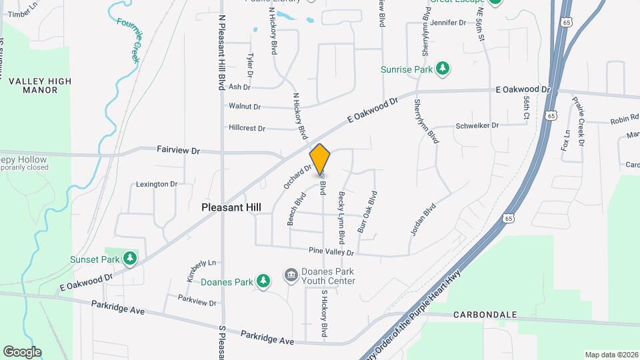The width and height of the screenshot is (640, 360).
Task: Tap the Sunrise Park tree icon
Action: click(x=442, y=69)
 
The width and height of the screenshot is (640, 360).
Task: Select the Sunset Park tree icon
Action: click(x=131, y=259)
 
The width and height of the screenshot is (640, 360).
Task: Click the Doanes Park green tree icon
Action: click(x=264, y=281)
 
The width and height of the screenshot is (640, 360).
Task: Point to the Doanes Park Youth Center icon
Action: click(x=291, y=275)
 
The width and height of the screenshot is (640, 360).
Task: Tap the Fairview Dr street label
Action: click(x=178, y=151)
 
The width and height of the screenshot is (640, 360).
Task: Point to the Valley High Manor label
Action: click(x=39, y=85)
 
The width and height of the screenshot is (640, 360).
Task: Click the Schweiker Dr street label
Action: click(x=477, y=125)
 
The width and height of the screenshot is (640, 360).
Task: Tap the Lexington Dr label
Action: click(x=157, y=184)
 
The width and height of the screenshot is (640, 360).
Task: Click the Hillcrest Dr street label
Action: click(x=247, y=128)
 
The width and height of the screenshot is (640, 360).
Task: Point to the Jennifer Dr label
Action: click(x=448, y=22)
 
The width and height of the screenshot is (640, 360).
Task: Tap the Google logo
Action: click(x=22, y=352)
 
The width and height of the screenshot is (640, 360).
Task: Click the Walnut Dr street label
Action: click(x=244, y=106)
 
